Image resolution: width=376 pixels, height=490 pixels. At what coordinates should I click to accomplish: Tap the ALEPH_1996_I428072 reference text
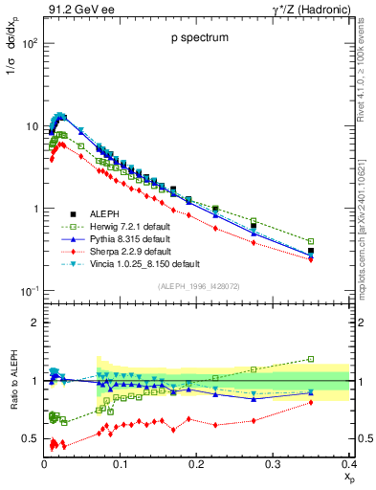click(x=198, y=286)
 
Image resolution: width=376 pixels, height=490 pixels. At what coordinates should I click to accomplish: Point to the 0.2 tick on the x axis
click(x=196, y=464)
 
